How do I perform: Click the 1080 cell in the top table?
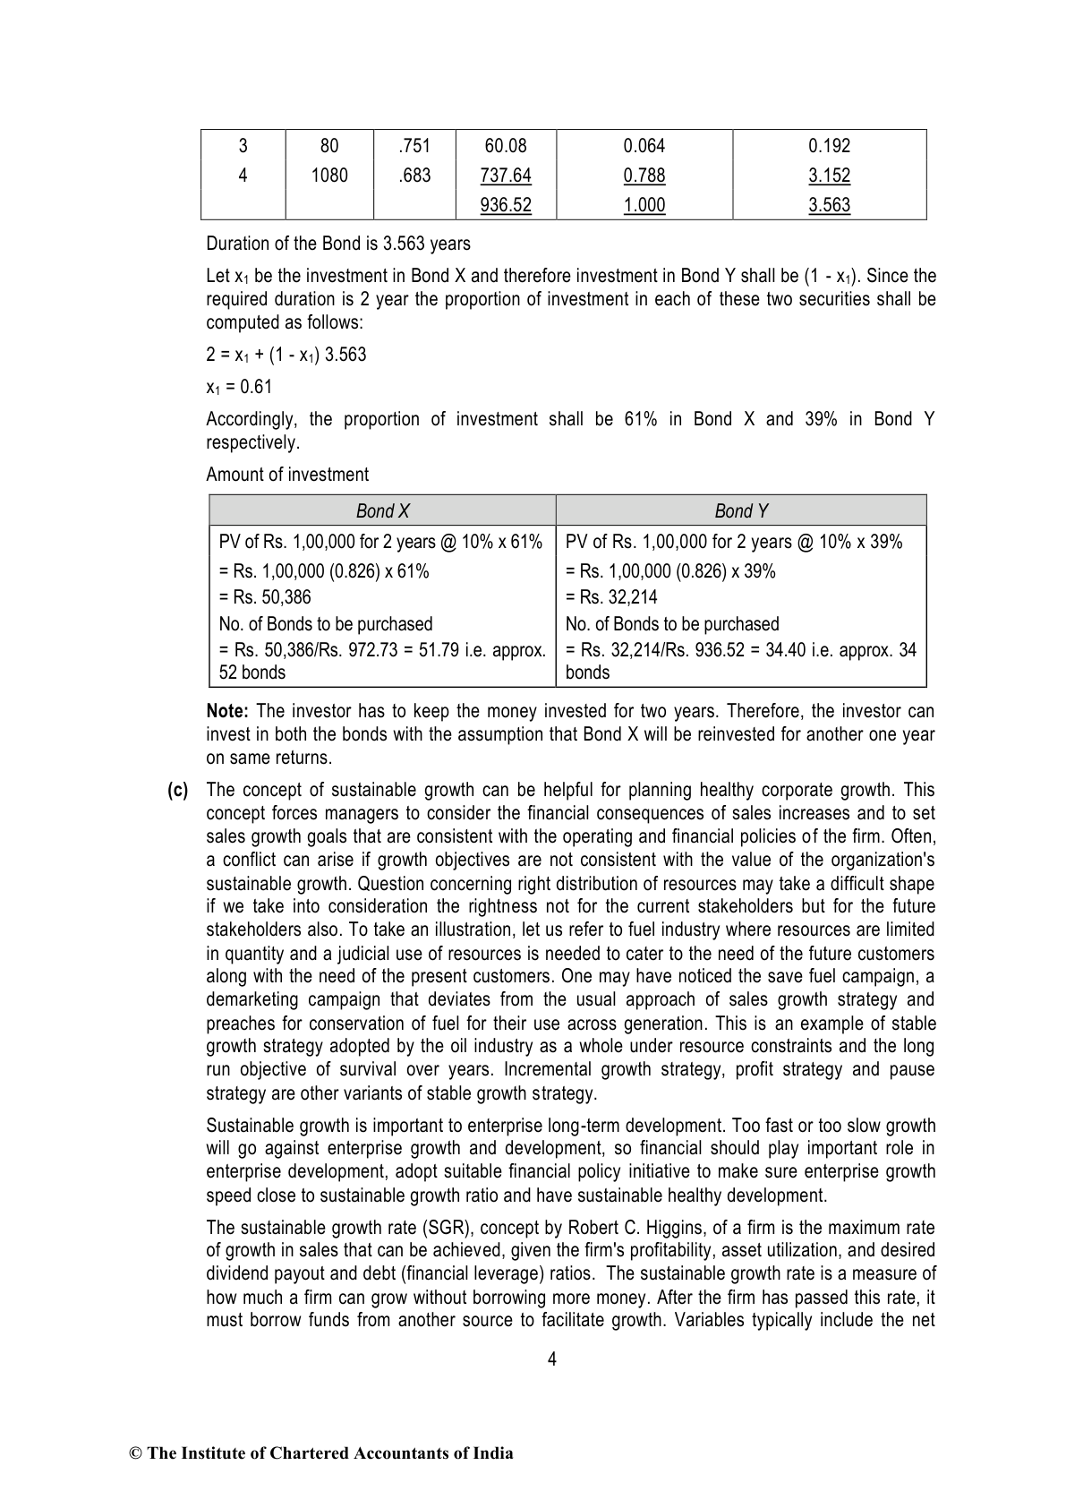(328, 176)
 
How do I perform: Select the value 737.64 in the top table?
(506, 176)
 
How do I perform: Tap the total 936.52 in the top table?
(506, 205)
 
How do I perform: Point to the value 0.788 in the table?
(644, 176)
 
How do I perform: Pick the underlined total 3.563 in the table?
(829, 205)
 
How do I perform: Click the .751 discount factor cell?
(414, 146)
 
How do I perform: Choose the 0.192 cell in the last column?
(829, 146)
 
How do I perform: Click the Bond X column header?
(382, 511)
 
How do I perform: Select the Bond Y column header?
(740, 511)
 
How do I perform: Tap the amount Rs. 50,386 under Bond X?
(265, 597)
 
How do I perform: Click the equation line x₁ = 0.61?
(239, 387)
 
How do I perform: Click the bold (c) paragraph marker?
(178, 791)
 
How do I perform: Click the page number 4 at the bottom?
(551, 1359)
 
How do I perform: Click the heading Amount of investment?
(287, 475)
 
